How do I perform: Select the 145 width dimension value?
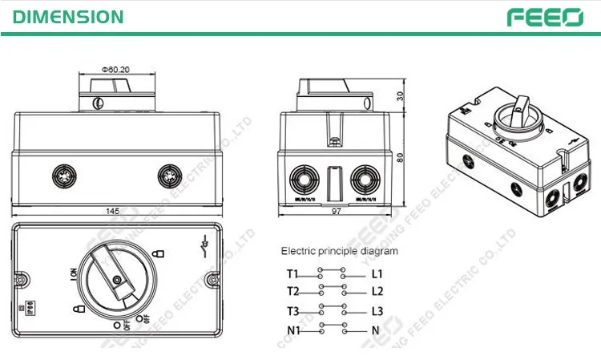point(113,211)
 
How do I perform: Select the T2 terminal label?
point(292,290)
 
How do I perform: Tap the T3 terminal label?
point(292,311)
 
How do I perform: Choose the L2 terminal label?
point(377,290)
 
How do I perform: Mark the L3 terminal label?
point(377,311)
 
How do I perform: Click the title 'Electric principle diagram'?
point(339,251)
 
